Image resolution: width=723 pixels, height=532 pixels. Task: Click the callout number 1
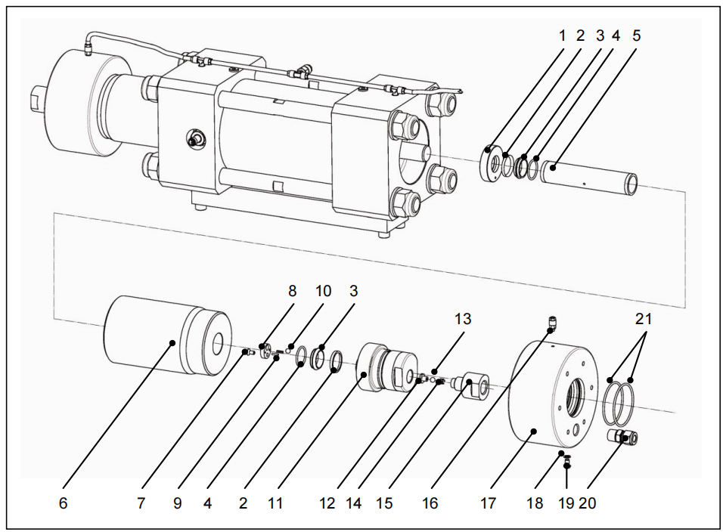point(562,35)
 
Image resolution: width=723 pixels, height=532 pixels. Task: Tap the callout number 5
point(635,35)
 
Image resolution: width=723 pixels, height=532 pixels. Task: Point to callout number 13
point(462,319)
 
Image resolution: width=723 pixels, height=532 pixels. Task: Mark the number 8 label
point(292,290)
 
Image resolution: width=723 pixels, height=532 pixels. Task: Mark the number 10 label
point(324,290)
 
